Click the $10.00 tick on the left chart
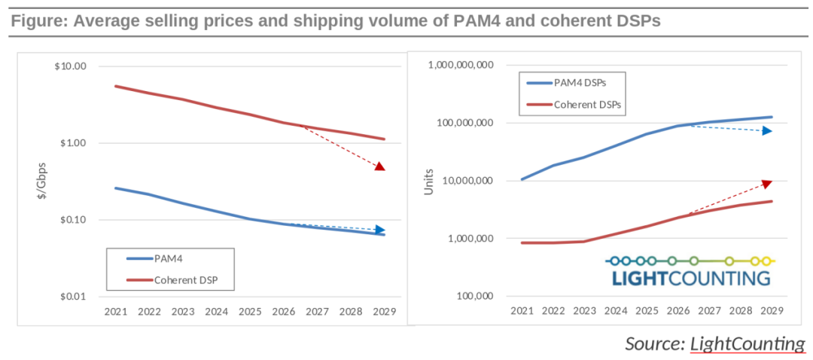tap(71, 66)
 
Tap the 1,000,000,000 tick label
tap(461, 66)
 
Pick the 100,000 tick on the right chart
tap(476, 296)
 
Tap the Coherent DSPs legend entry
tap(588, 105)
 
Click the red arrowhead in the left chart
tap(380, 166)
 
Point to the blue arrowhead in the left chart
tap(380, 230)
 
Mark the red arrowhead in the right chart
tap(766, 183)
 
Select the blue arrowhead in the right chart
tap(766, 131)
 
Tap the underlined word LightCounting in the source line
tap(748, 343)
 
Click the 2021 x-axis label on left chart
tap(117, 311)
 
